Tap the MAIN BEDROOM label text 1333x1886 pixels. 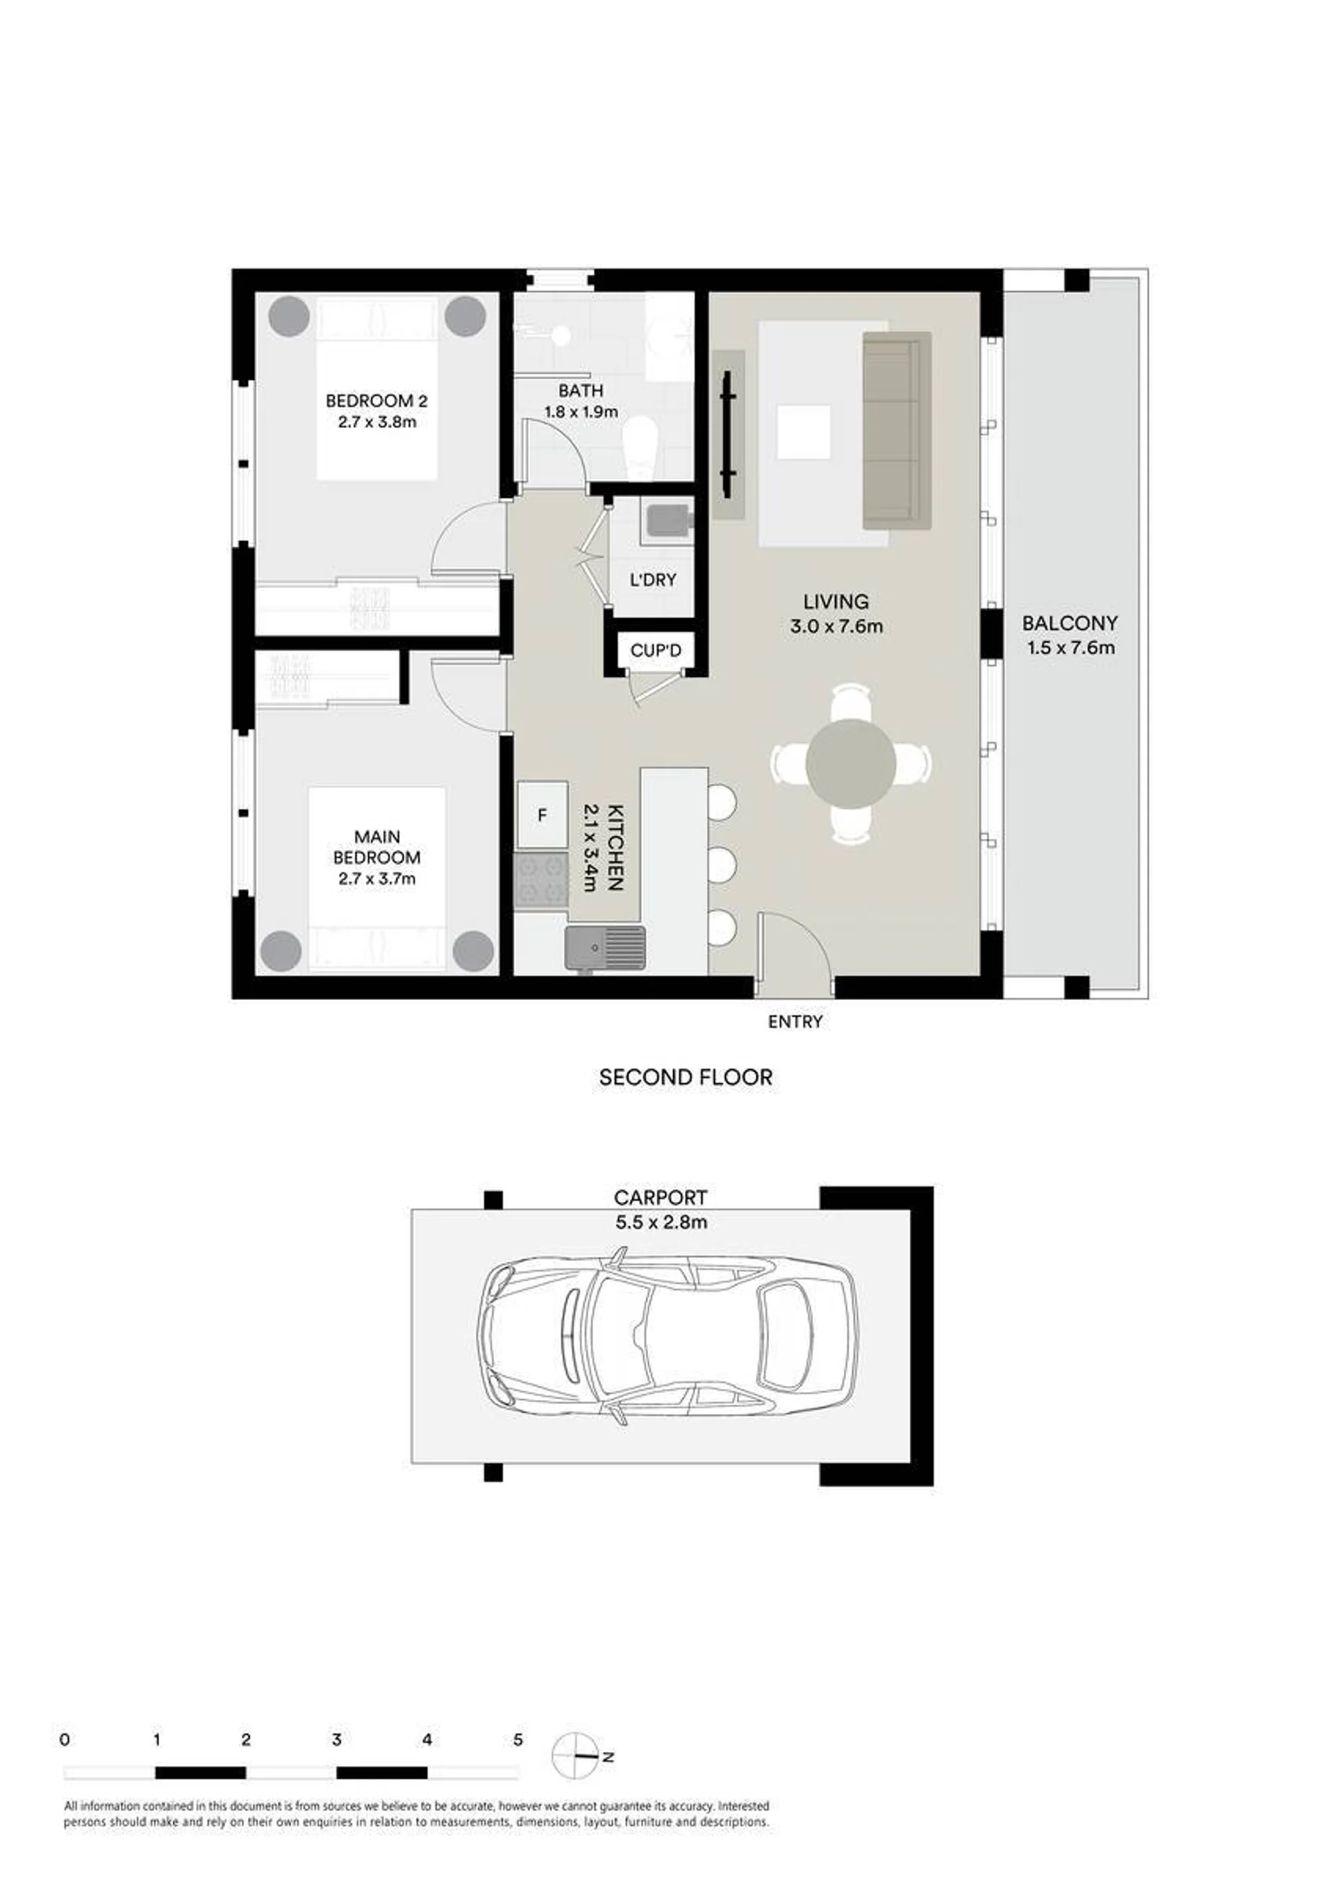376,847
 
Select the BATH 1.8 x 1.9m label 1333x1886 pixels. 581,401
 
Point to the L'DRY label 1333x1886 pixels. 652,580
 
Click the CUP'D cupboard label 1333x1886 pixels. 656,651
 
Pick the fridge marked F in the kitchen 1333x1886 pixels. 543,815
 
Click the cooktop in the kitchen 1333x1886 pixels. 540,880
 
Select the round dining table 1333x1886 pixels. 852,765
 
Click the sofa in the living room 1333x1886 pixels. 897,431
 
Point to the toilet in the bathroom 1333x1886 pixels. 639,448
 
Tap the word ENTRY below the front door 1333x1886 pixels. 795,1022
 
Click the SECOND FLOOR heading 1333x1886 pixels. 686,1078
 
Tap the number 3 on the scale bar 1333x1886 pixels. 336,1739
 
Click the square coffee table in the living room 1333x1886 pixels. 804,433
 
